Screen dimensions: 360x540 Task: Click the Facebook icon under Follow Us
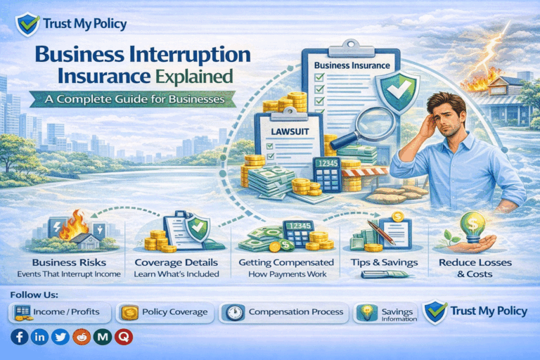(x=20, y=337)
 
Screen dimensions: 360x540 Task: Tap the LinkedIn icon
(x=40, y=337)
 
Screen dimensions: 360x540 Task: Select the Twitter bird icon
(x=61, y=337)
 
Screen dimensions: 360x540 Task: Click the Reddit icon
(x=82, y=337)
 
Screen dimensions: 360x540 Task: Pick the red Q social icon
(x=124, y=337)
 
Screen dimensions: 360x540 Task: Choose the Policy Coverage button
(x=164, y=311)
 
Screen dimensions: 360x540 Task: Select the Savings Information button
(x=387, y=313)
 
